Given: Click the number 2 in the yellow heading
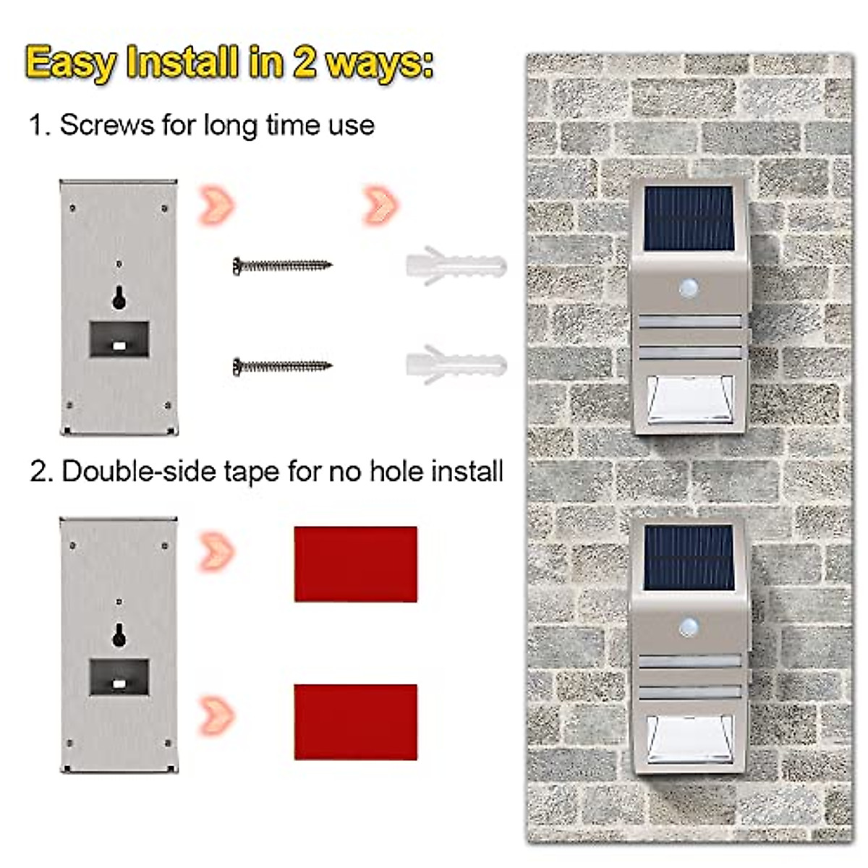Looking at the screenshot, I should click(x=305, y=64).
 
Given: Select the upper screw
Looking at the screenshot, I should click(x=282, y=265).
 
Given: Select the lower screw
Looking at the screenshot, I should click(x=282, y=366).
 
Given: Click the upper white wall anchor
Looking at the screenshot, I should click(x=456, y=267).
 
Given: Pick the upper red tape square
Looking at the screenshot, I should click(x=355, y=564).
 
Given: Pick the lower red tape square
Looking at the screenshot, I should click(x=355, y=722).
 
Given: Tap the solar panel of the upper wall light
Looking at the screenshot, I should click(x=689, y=218).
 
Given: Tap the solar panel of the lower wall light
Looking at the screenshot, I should click(x=689, y=557).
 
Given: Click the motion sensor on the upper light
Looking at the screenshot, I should click(x=689, y=289).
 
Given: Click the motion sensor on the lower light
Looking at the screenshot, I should click(x=689, y=626).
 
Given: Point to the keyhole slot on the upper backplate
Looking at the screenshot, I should click(x=120, y=297).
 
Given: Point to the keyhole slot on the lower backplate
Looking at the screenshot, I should click(x=120, y=635).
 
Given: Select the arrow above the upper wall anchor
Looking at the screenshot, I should click(x=380, y=205).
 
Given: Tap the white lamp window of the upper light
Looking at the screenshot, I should click(x=690, y=399).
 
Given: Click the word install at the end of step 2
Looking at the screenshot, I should click(x=467, y=472).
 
